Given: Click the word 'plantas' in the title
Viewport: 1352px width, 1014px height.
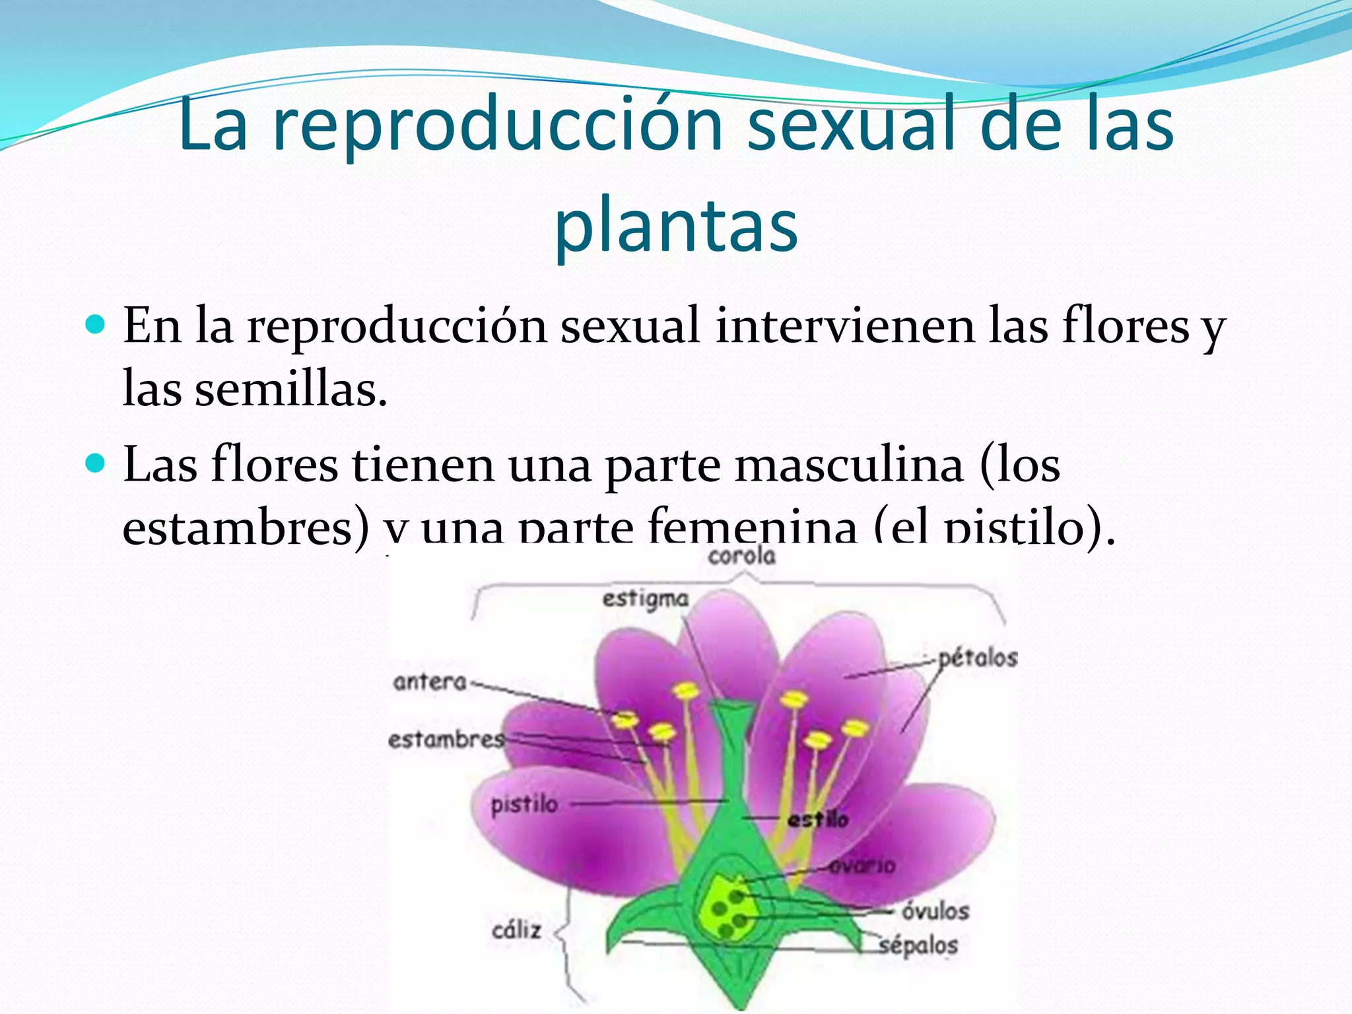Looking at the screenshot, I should click(676, 228).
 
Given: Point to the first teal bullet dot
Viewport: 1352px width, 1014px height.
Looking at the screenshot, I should click(96, 325).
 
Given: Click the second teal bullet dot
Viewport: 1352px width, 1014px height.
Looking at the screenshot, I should click(96, 464).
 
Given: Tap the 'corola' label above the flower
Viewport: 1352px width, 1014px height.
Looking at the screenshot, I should click(741, 556).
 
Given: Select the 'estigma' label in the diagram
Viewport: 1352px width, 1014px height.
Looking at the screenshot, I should click(645, 599).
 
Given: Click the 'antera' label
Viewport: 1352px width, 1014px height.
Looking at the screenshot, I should click(430, 681).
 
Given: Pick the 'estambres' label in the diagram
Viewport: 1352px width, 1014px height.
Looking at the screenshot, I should click(446, 739).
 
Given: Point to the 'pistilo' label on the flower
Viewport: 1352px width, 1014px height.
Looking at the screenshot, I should click(524, 805).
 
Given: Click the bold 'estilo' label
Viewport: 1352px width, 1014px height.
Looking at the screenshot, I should click(818, 820).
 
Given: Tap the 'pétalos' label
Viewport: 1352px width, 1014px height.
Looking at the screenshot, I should click(978, 658).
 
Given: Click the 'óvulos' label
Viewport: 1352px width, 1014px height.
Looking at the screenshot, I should click(935, 911).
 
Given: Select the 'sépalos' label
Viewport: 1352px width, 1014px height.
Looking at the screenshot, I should click(918, 945).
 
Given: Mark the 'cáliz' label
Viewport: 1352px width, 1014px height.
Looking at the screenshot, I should click(516, 930).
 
